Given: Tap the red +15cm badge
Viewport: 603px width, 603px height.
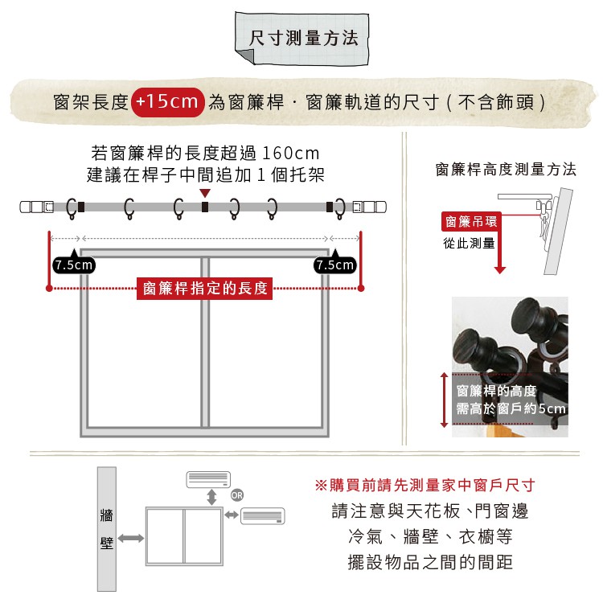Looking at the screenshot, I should (166, 102).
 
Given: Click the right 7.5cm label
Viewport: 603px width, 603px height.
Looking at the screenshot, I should (335, 265).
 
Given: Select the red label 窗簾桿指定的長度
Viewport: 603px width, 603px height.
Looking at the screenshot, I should (205, 289).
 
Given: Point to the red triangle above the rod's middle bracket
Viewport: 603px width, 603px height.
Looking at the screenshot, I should (205, 194).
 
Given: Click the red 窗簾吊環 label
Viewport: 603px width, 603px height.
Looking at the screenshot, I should (470, 221).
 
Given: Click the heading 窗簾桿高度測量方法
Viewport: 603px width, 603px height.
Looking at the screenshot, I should (506, 170).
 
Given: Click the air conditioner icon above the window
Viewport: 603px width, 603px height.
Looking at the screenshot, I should (208, 479).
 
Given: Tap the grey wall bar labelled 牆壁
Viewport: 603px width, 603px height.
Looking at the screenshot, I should (106, 528).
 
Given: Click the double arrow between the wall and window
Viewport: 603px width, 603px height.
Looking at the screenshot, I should (130, 537).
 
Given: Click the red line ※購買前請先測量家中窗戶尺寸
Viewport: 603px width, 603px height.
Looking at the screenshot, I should (425, 486).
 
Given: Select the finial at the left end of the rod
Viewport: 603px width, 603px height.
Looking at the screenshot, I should (36, 207).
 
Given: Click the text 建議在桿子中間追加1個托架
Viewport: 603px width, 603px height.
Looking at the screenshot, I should (206, 174).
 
